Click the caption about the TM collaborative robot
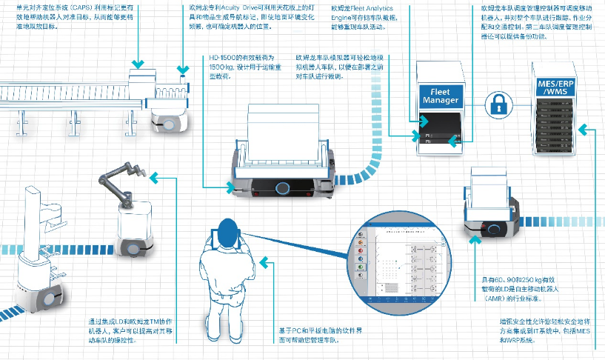coord(130,331)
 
